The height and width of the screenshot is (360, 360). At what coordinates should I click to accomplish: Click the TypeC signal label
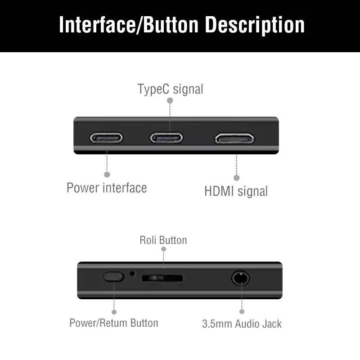(x=170, y=89)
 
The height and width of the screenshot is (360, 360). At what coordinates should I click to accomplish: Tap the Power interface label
(x=107, y=187)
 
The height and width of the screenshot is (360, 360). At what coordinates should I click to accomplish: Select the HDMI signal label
(x=236, y=191)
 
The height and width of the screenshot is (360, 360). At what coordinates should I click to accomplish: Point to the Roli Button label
(x=163, y=240)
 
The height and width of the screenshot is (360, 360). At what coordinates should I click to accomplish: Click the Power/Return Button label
(x=114, y=323)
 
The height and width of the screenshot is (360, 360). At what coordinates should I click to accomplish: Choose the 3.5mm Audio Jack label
(x=242, y=324)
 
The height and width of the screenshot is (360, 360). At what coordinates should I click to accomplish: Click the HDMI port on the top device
(x=234, y=138)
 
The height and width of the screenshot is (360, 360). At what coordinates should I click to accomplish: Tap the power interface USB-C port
(x=107, y=138)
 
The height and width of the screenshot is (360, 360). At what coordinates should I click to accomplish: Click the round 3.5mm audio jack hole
(x=241, y=278)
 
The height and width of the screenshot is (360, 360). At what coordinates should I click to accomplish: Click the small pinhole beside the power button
(x=132, y=273)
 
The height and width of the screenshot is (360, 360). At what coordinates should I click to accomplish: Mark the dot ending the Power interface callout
(x=107, y=174)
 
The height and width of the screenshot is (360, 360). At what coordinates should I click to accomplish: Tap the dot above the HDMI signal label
(x=237, y=178)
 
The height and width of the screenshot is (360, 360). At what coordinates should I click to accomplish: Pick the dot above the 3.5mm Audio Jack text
(x=242, y=311)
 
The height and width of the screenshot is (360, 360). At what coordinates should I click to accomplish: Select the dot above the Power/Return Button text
(x=114, y=311)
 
